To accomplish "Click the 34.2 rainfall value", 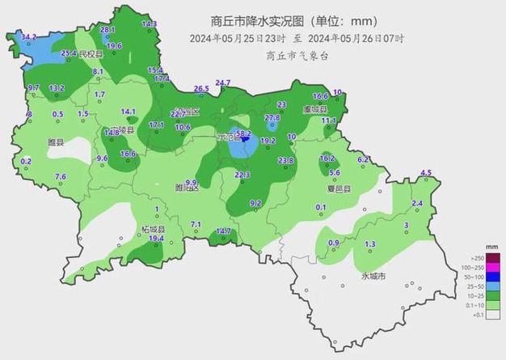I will (x=29, y=37).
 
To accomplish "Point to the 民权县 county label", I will (x=92, y=54).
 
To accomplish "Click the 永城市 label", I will (x=373, y=277).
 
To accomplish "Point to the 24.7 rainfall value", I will (x=223, y=83).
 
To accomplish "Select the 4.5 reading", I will (x=426, y=172).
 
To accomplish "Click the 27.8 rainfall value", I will (x=272, y=118).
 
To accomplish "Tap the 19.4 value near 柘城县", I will (x=156, y=239).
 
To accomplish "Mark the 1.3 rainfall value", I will (x=370, y=244).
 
